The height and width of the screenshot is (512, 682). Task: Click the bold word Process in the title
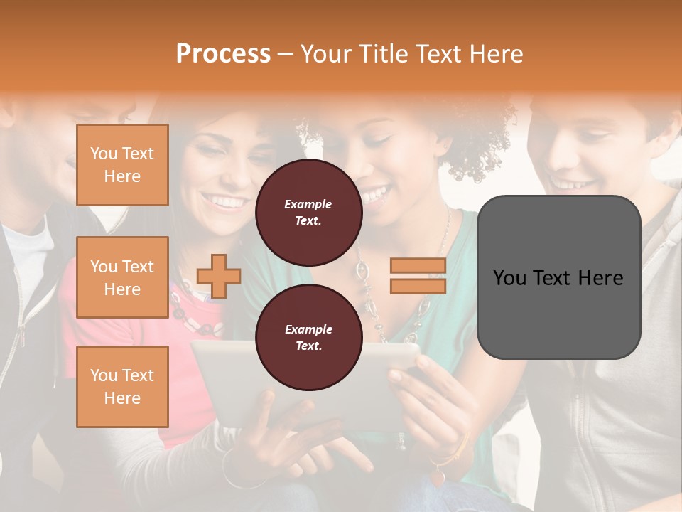click(x=223, y=53)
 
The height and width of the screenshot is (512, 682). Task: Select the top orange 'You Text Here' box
click(x=122, y=165)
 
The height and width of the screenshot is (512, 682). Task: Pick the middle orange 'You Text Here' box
click(x=122, y=277)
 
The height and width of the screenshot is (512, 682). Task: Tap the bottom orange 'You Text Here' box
click(x=122, y=387)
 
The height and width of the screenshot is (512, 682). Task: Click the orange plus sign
click(x=219, y=276)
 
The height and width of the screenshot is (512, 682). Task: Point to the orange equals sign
click(x=418, y=276)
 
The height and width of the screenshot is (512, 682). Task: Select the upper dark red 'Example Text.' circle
click(x=308, y=213)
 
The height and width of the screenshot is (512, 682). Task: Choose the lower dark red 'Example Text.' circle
click(x=308, y=338)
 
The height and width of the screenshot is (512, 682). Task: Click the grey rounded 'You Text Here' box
click(x=558, y=277)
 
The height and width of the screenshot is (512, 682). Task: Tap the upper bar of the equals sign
click(x=418, y=266)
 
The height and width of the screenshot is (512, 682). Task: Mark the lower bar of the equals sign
click(x=418, y=286)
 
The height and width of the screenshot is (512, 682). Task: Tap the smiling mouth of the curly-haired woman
click(x=376, y=193)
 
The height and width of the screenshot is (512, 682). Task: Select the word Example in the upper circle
click(x=308, y=204)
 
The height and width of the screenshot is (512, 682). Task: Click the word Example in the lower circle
click(x=308, y=329)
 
